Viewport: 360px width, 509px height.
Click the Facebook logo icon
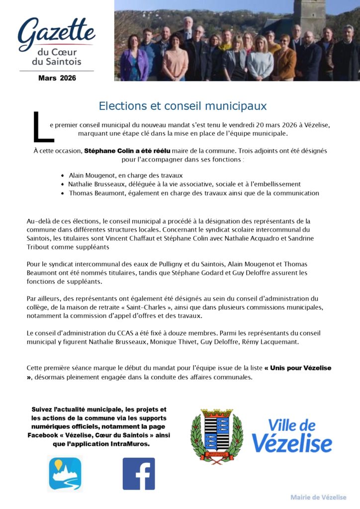[x=139, y=474]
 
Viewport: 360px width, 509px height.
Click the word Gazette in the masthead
[x=56, y=32]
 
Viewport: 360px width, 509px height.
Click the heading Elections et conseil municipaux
[x=182, y=106]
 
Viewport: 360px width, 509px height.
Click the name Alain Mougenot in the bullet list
[x=93, y=175]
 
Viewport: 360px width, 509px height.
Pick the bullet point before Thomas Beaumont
[x=63, y=193]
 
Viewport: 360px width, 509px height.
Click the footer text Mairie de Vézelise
[x=318, y=497]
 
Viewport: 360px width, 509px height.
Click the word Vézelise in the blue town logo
[x=291, y=442]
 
